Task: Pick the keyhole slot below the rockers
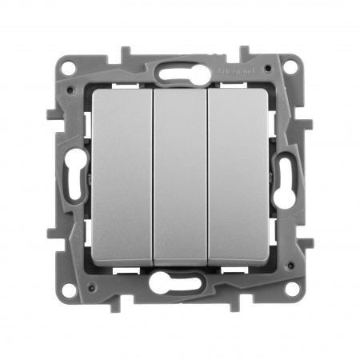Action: pos(180,282)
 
